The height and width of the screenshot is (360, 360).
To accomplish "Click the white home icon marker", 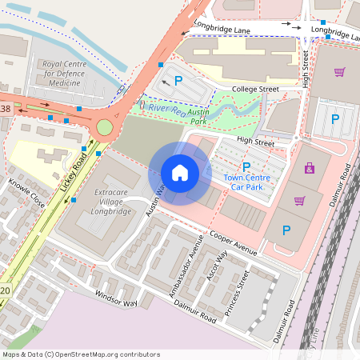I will coord(180,172).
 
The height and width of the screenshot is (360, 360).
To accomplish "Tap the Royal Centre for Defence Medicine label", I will coord(64,73).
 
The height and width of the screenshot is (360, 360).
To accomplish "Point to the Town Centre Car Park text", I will coord(246,182).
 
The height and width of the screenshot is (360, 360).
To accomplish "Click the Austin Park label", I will coord(198,117).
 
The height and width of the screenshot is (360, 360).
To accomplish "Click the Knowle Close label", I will coord(26,188).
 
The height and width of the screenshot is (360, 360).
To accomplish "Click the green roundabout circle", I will coord(105,127).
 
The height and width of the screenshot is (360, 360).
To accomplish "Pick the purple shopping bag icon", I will coord(310,168).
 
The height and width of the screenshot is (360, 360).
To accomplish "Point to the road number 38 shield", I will coord(6,108).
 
